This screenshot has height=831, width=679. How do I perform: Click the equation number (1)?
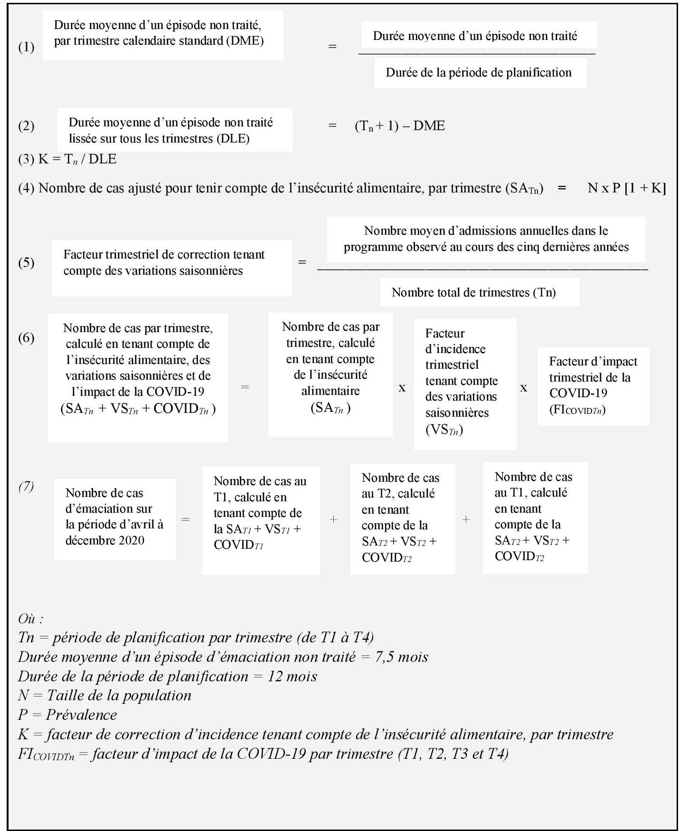tap(26, 47)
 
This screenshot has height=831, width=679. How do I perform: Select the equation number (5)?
tap(26, 263)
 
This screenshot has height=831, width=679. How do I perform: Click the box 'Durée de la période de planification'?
tap(480, 73)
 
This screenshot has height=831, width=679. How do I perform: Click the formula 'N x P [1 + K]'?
tap(626, 188)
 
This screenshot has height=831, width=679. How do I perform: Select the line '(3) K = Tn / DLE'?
tap(67, 159)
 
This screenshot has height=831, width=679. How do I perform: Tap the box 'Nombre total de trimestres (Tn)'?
tap(480, 292)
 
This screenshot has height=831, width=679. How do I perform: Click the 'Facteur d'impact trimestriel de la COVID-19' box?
tap(593, 386)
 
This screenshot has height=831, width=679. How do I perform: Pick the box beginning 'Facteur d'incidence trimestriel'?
tap(464, 383)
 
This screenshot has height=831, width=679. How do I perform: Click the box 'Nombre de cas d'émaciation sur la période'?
tap(114, 519)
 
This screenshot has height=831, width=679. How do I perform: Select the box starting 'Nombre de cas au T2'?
tap(402, 518)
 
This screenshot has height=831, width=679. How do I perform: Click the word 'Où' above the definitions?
tap(30, 619)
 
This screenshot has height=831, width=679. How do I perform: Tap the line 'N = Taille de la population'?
tap(104, 696)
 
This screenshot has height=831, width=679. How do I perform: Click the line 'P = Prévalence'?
tap(67, 715)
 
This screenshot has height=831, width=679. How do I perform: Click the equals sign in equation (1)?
tap(332, 47)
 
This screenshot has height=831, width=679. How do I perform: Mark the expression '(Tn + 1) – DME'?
tap(400, 126)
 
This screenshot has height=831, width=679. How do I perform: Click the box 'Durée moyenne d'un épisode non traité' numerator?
tap(479, 36)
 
